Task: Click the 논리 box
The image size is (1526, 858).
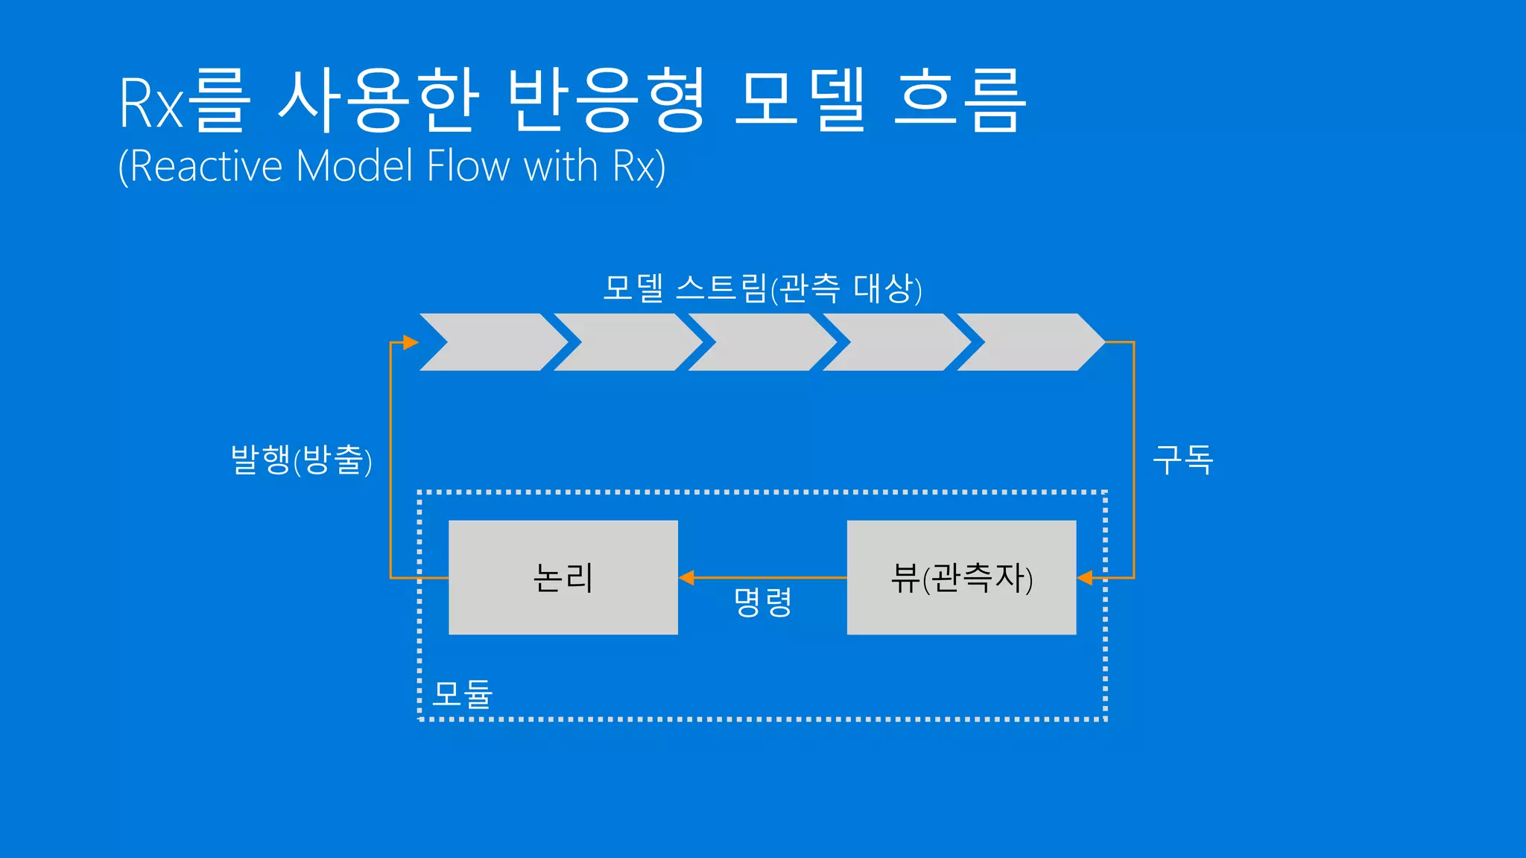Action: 563,577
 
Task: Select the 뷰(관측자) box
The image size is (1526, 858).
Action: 961,577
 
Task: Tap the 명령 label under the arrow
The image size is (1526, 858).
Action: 762,602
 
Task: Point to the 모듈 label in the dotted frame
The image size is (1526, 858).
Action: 463,693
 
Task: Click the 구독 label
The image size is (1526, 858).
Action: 1183,459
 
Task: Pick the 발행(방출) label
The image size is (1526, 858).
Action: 301,460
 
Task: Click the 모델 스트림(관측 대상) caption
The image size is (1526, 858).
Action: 762,288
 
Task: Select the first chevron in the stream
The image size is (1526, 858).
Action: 492,342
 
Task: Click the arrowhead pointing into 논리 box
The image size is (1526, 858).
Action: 686,577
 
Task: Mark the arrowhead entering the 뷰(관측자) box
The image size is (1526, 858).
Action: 1085,577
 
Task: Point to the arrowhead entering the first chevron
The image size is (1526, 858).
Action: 411,342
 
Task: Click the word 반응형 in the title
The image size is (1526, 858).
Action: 605,101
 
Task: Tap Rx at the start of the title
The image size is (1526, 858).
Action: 151,103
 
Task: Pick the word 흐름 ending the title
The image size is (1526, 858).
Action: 959,101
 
